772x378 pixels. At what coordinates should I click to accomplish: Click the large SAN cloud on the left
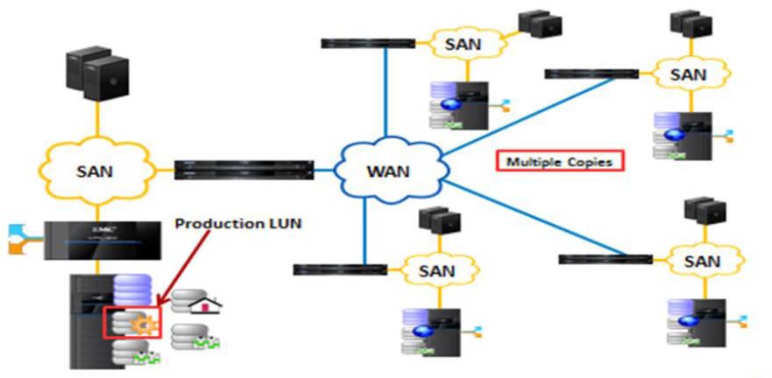pyautogui.click(x=94, y=170)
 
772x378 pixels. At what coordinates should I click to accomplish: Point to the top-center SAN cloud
pyautogui.click(x=461, y=42)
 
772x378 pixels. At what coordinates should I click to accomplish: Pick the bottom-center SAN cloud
pyautogui.click(x=436, y=270)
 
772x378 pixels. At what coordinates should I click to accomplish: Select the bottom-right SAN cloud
pyautogui.click(x=702, y=260)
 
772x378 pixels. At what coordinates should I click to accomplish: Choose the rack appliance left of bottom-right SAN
pyautogui.click(x=606, y=259)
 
